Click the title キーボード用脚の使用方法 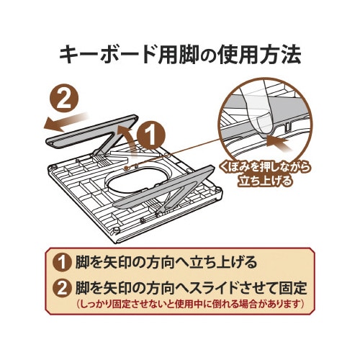(x=180, y=55)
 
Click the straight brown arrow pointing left (x=66, y=122)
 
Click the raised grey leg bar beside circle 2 (x=91, y=132)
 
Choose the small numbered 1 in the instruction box (x=62, y=262)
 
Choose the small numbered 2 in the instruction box (x=62, y=288)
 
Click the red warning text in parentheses (x=191, y=304)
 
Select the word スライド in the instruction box (x=214, y=288)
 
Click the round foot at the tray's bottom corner (x=117, y=230)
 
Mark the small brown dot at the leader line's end (x=127, y=168)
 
